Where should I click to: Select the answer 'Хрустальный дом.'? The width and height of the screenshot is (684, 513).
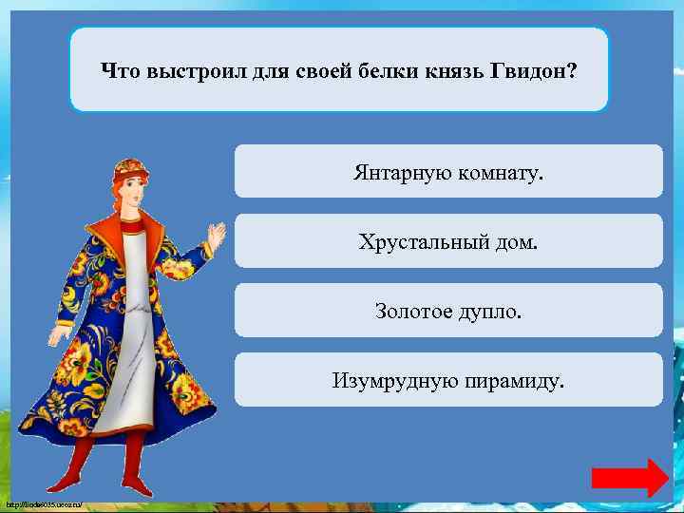[447, 241]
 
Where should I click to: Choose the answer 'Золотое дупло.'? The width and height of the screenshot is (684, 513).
[447, 311]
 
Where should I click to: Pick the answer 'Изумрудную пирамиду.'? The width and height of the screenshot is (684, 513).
[447, 381]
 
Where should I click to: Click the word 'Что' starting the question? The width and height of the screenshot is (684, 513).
[118, 70]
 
